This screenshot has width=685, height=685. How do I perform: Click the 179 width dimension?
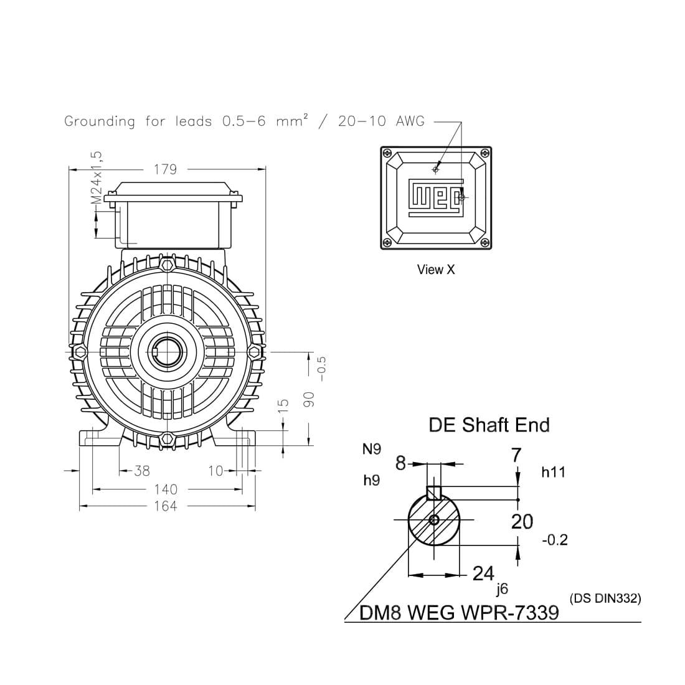click(x=165, y=169)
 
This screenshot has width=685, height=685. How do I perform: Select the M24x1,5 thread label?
click(x=96, y=177)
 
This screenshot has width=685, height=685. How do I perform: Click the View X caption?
click(x=436, y=270)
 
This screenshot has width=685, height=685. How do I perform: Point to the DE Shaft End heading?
click(x=489, y=425)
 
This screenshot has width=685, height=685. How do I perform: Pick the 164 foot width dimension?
click(x=166, y=506)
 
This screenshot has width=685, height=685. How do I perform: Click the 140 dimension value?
click(x=166, y=490)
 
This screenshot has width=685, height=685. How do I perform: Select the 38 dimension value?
click(x=142, y=471)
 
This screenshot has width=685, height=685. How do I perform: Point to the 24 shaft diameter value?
click(x=483, y=574)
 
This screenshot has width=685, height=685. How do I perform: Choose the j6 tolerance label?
click(x=502, y=588)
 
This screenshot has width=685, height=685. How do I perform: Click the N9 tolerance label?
click(x=372, y=449)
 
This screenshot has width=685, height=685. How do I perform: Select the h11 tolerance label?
click(x=553, y=473)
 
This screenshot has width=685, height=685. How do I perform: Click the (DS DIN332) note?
click(x=605, y=598)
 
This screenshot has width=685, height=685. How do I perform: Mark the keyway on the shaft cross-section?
click(x=434, y=493)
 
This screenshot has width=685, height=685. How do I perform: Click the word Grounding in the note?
click(x=100, y=121)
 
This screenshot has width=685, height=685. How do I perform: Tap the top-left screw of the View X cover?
click(x=387, y=153)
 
